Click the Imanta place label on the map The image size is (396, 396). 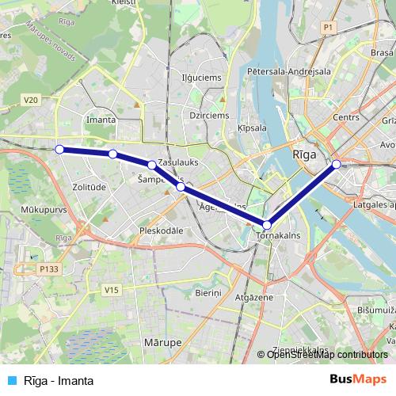104,120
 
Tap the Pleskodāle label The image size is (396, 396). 161,230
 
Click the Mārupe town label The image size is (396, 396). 164,341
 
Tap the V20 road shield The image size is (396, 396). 31,99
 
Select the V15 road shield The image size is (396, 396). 111,291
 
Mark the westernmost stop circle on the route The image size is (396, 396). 59,149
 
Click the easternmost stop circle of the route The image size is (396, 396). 337,164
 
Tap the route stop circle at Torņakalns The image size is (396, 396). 267,225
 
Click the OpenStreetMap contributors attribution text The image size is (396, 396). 327,356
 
